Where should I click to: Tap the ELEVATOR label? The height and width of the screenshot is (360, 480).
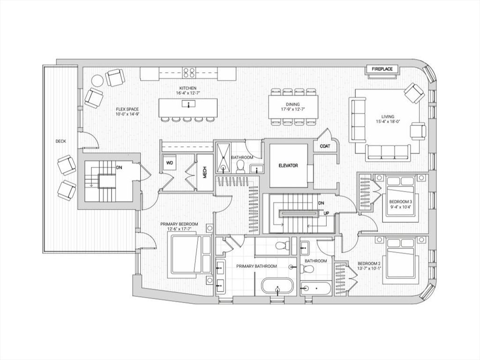[x=288, y=165]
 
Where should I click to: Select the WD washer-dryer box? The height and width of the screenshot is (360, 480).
[x=170, y=163]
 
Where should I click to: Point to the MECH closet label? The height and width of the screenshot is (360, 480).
[x=205, y=172]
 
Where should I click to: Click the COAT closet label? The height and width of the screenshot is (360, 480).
[x=325, y=146]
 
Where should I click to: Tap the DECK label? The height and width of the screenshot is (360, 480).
[x=60, y=141]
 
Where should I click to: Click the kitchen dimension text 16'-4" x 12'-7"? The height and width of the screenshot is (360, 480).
[x=187, y=93]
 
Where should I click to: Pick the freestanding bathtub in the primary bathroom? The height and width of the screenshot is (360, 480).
[x=277, y=286]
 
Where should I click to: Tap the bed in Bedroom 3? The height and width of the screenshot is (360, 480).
[x=399, y=197]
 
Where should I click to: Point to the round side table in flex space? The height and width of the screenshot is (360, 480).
[x=97, y=81]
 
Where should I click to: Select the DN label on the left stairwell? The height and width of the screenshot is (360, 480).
[x=120, y=167]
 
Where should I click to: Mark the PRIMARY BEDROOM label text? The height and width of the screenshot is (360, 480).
[x=179, y=224]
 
